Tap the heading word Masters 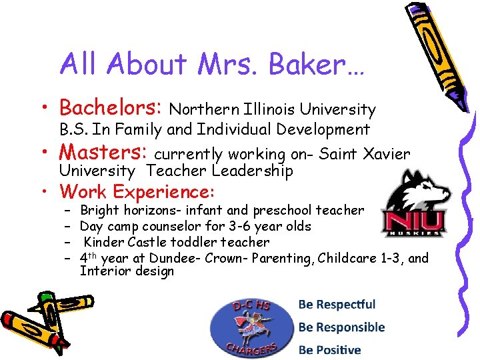click(104, 153)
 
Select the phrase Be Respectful click(337, 305)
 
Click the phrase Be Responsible click(341, 327)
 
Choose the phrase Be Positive click(329, 349)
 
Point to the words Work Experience click(137, 192)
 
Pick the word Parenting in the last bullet click(286, 258)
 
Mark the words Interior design click(127, 271)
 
